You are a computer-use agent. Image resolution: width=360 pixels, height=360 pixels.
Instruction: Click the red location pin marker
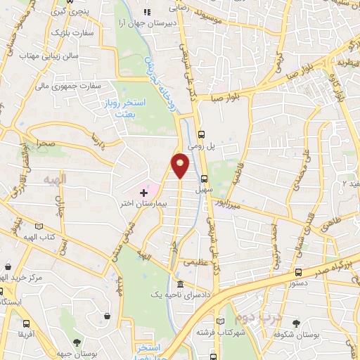181,165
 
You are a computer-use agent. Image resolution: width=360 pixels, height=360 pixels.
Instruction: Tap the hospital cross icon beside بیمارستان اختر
144,172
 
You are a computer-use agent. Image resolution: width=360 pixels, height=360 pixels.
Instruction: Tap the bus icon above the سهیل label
205,179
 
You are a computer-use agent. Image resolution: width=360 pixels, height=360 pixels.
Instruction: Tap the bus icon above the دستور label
299,273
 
